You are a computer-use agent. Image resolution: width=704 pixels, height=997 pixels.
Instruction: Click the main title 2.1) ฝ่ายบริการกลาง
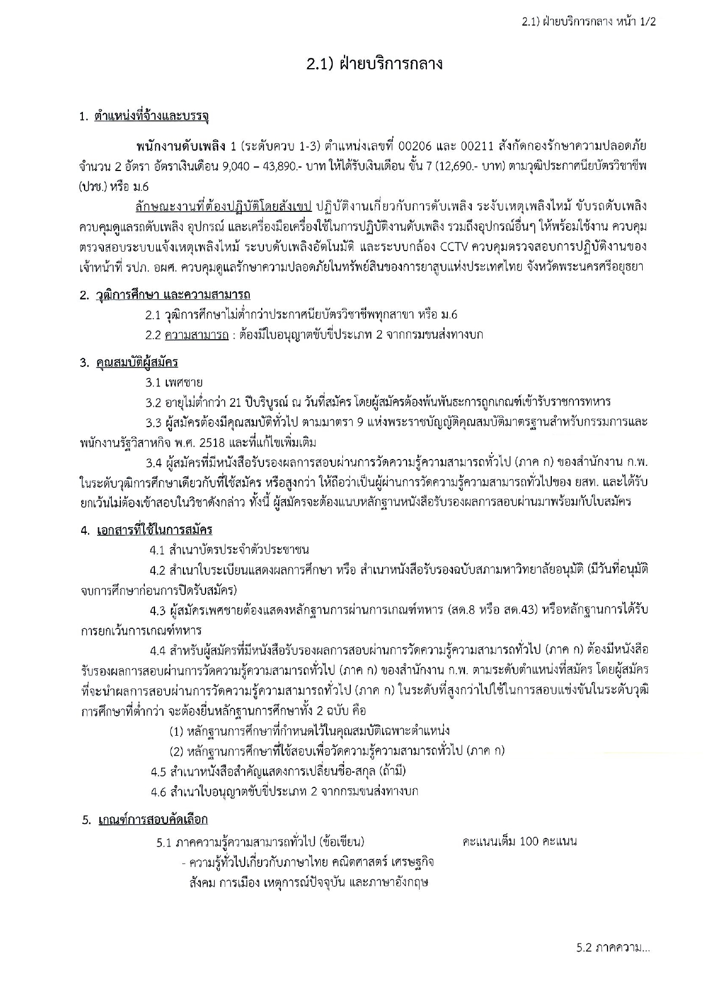pos(374,64)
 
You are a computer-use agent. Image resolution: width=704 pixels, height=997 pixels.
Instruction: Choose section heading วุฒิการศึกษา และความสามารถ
pos(173,295)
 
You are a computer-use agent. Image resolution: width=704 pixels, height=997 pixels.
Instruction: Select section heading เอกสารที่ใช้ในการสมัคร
pos(155,530)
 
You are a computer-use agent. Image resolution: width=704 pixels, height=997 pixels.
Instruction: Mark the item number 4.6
pos(158,791)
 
